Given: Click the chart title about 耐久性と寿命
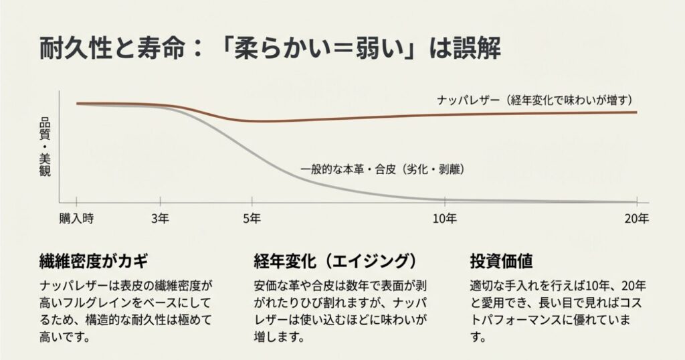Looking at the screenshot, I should click(x=270, y=50).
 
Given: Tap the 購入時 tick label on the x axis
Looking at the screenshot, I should click(x=76, y=218).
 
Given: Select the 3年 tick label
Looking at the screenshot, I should click(x=160, y=218).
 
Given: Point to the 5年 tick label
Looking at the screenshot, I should click(x=252, y=218).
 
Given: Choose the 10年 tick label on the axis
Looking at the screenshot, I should click(x=445, y=218).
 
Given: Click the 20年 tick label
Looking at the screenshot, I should click(x=637, y=218).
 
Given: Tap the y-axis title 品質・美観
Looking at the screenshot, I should click(x=45, y=147).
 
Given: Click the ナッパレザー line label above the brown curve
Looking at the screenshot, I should click(x=534, y=100).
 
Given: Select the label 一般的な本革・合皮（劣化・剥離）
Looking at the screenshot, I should click(x=383, y=170).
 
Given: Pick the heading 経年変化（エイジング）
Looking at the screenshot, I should click(x=335, y=260).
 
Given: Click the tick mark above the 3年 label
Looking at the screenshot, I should click(x=160, y=203).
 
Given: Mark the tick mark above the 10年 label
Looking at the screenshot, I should click(x=445, y=203).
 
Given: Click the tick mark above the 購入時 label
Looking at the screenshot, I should click(x=76, y=203).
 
